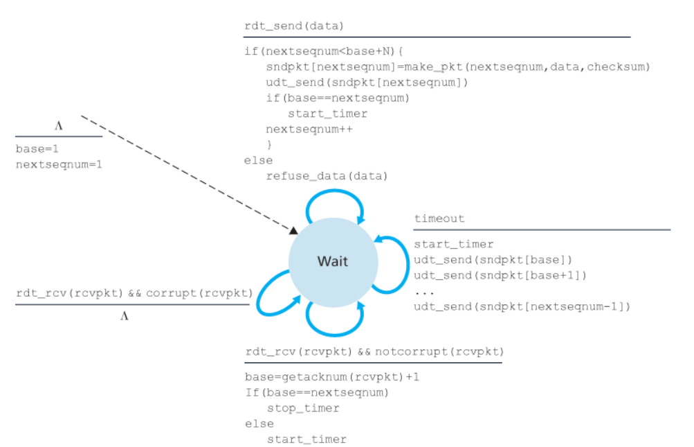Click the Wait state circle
point(333,261)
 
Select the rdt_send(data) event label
point(294,26)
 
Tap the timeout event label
point(439,219)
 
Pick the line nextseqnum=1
point(59,164)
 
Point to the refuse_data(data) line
point(326,175)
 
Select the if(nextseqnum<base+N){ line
point(323,51)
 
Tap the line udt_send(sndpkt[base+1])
point(500,275)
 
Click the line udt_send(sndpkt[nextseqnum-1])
point(522,306)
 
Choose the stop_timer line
point(303,408)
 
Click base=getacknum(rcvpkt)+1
point(332,378)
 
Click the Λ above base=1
point(59,126)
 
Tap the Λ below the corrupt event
point(125,316)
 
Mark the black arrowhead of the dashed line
point(293,230)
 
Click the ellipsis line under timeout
point(423,291)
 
